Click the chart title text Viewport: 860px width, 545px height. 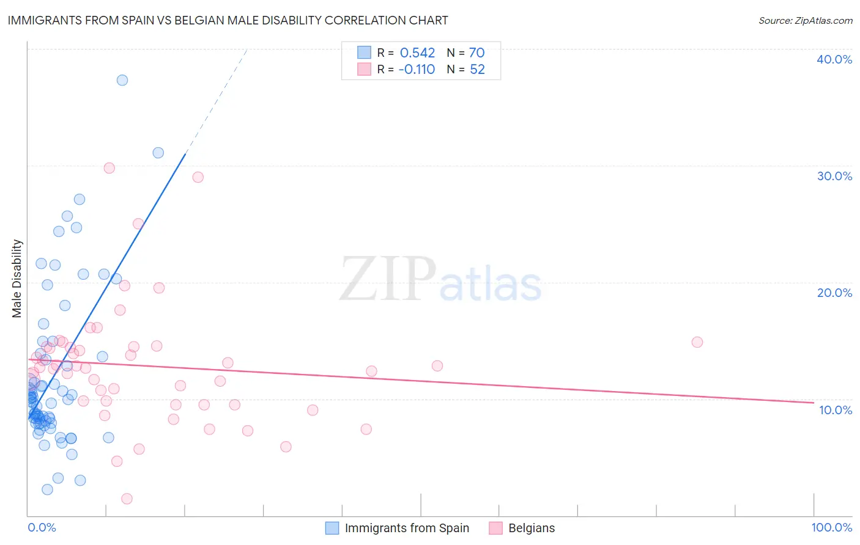click(x=228, y=20)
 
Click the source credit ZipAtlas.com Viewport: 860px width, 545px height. click(x=805, y=20)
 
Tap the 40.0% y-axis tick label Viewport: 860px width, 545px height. click(x=834, y=59)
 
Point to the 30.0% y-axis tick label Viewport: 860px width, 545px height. click(x=834, y=176)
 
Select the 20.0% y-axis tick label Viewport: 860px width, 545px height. click(x=834, y=293)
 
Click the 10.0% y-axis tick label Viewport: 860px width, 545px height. click(x=835, y=410)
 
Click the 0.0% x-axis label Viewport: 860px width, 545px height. click(x=42, y=527)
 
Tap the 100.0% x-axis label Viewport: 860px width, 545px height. click(x=831, y=527)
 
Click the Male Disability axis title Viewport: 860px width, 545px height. click(x=17, y=279)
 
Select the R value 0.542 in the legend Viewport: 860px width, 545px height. click(x=417, y=53)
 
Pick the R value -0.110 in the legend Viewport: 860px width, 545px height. click(x=417, y=70)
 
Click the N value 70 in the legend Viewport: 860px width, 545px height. click(x=476, y=53)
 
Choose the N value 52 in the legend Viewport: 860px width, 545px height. click(x=477, y=70)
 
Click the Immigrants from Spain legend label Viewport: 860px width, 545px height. click(x=407, y=528)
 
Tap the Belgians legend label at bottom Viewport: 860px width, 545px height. click(x=532, y=528)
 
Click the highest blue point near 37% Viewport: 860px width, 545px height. click(x=122, y=80)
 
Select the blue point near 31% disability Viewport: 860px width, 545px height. click(x=158, y=153)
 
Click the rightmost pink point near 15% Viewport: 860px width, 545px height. click(x=697, y=342)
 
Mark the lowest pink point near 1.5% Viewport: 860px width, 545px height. click(x=127, y=499)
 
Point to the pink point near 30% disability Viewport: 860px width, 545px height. click(x=109, y=168)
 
